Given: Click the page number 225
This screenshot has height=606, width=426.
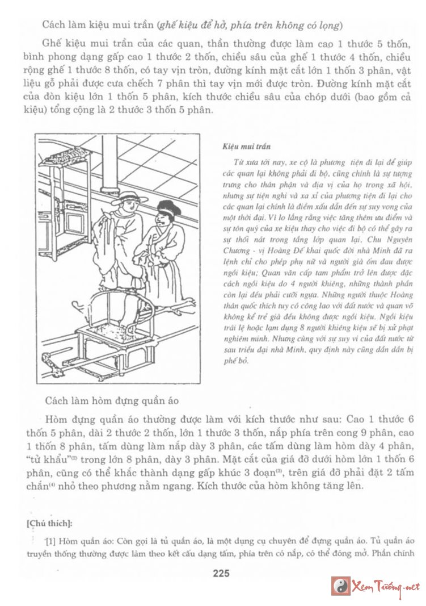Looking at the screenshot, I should pos(221,574).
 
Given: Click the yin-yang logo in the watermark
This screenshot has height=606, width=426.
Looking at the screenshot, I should pos(340,586).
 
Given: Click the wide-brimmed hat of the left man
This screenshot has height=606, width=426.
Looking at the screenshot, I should pos(127,199).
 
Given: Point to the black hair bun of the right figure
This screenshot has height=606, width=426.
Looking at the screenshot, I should pos(168,207).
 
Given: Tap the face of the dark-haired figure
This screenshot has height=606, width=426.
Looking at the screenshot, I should pos(162,218).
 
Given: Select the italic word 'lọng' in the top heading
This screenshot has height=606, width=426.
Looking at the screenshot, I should pos(329,25).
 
